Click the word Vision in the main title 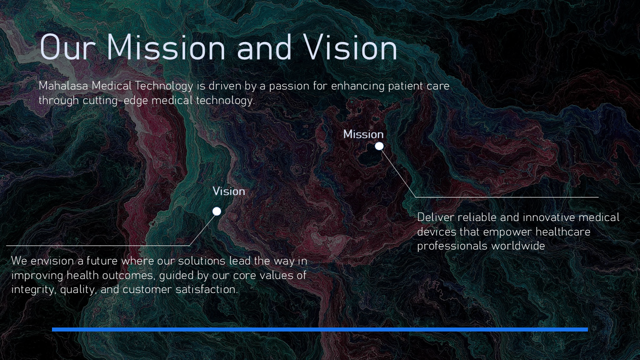point(350,47)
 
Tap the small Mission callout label point(363,134)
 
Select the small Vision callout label point(229,191)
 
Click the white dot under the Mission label point(379,146)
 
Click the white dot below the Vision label point(217,211)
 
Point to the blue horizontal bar point(320,329)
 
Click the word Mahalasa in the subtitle point(63,86)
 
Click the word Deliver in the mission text point(435,217)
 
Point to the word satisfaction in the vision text point(206,289)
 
